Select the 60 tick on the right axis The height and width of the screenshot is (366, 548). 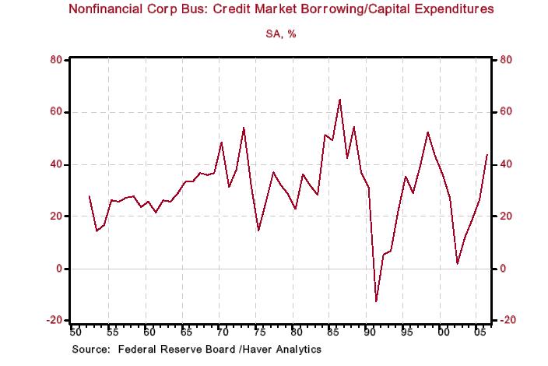pos(505,112)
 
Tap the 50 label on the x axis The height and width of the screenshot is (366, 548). pos(75,333)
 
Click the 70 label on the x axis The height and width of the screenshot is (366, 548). pos(222,333)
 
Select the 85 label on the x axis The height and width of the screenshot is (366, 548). pos(332,333)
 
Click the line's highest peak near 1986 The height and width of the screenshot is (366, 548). pos(339,100)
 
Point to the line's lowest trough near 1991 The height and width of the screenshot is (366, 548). pos(376,301)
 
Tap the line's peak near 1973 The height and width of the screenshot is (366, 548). pos(244,127)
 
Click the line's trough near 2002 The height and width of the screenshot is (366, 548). pos(457,264)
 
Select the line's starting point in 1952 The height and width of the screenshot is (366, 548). pos(90,195)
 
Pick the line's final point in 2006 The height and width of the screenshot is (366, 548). pos(487,155)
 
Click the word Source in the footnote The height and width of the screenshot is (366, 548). pos(90,350)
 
